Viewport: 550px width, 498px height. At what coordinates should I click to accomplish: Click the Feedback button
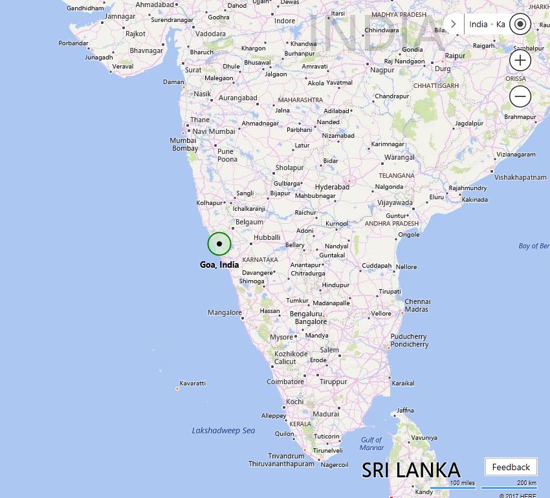[x=511, y=467]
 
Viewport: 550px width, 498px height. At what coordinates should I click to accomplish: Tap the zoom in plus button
[x=520, y=61]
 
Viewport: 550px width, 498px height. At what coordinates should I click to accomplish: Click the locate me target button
[x=520, y=25]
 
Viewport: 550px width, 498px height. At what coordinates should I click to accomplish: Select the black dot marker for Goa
[x=219, y=244]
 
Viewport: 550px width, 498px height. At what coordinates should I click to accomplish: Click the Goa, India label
[x=219, y=265]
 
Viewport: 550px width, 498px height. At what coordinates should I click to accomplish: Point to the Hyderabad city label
[x=332, y=187]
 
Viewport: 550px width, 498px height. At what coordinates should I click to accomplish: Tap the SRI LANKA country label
[x=411, y=470]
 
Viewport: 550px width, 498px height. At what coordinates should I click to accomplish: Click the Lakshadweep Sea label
[x=223, y=431]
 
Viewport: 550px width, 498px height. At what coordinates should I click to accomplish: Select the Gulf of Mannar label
[x=372, y=444]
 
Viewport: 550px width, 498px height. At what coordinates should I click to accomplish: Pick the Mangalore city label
[x=225, y=312]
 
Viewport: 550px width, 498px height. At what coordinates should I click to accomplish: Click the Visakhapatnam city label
[x=520, y=177]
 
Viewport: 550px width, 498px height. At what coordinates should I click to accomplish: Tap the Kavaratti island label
[x=193, y=384]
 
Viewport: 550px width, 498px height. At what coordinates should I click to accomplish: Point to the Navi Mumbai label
[x=214, y=131]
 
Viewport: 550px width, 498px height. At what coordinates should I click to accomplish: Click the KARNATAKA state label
[x=260, y=260]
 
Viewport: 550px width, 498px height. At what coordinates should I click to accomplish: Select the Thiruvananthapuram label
[x=281, y=464]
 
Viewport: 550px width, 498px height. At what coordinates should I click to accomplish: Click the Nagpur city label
[x=382, y=70]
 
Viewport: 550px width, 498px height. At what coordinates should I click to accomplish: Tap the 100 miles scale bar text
[x=463, y=483]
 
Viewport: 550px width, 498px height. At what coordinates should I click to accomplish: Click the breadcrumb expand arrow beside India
[x=454, y=25]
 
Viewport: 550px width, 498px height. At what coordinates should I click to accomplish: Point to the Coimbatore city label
[x=285, y=382]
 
